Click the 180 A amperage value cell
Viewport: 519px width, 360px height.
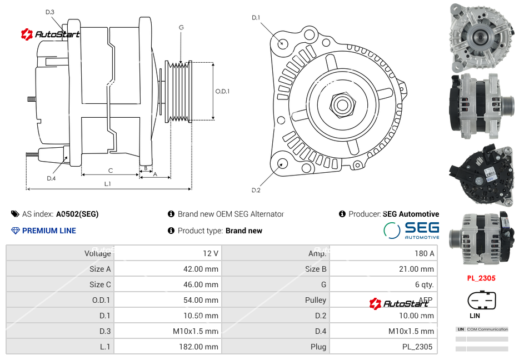pos(424,253)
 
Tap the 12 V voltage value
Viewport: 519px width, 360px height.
pos(210,253)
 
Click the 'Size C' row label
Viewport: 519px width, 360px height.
pos(100,284)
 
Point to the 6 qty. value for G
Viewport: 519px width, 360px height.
pos(424,284)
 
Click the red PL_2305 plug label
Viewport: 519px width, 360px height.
pos(481,278)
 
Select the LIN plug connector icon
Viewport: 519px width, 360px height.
pos(481,301)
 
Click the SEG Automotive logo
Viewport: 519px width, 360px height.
pos(412,230)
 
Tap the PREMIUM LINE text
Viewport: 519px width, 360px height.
pos(49,231)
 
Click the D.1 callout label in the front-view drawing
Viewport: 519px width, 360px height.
pos(256,18)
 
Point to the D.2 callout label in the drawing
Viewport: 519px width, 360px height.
pos(256,190)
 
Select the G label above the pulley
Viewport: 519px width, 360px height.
pos(181,27)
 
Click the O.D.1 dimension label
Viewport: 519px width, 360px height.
pos(222,91)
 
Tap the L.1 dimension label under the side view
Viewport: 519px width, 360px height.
pos(108,183)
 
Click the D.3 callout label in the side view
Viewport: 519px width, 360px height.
pos(50,12)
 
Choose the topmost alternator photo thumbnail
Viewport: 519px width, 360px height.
pos(481,37)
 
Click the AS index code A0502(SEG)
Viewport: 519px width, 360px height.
pos(77,214)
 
